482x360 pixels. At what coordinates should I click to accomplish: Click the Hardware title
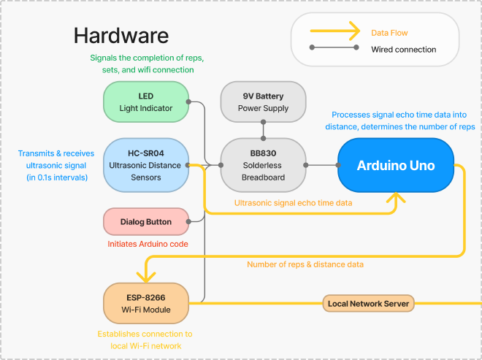(x=121, y=35)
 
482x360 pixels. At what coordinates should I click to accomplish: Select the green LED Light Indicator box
(x=146, y=102)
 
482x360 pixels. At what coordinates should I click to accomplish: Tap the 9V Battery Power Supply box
(x=264, y=102)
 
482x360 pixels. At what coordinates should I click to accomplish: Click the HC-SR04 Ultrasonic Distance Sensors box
(x=146, y=165)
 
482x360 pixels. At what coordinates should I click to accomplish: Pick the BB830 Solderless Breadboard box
(x=264, y=165)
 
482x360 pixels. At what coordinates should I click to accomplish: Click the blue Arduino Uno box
(x=395, y=166)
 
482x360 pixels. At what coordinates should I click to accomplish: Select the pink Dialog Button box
(x=146, y=221)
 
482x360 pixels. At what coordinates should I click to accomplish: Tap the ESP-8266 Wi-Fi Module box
(x=146, y=303)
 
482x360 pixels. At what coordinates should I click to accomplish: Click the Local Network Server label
(x=368, y=302)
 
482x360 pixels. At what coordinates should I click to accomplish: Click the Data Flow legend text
(x=389, y=33)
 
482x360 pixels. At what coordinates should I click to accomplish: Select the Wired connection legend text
(x=403, y=50)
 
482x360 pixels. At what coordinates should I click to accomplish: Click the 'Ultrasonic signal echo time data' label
(x=293, y=202)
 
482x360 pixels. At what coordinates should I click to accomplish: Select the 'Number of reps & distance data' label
(x=305, y=264)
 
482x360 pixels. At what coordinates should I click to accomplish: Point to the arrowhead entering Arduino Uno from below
(x=397, y=198)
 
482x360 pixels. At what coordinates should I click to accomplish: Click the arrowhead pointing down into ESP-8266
(x=146, y=277)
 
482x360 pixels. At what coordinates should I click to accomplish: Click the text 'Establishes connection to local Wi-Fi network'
(x=145, y=340)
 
